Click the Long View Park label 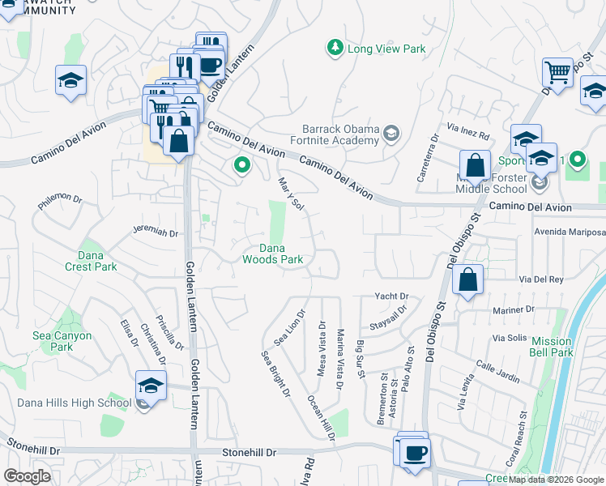pos(386,49)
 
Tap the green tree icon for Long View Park pos(335,49)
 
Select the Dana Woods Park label pos(273,254)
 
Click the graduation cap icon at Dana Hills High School pos(151,387)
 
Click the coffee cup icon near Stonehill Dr pos(416,451)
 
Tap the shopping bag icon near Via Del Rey pos(468,280)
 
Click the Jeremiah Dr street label pos(155,232)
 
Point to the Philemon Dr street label pos(60,199)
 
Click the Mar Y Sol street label pos(290,195)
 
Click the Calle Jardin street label pos(497,372)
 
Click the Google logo pos(27,475)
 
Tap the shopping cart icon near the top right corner pos(557,72)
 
